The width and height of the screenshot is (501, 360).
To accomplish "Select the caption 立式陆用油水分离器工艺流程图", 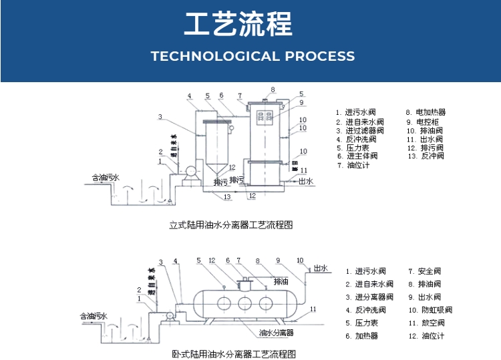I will click(x=231, y=225).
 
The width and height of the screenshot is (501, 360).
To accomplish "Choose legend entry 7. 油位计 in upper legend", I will click(x=354, y=165).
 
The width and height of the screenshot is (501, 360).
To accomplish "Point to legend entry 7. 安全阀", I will click(x=425, y=271).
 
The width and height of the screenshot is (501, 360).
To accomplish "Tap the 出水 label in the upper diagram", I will click(x=305, y=181).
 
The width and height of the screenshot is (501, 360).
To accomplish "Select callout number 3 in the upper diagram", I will click(x=160, y=118).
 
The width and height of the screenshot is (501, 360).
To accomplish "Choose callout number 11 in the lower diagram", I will click(x=313, y=309).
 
